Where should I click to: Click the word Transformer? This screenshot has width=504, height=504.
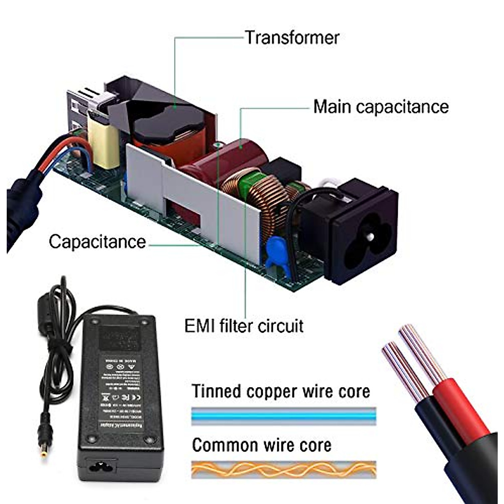(292, 38)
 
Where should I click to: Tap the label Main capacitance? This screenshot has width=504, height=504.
(381, 107)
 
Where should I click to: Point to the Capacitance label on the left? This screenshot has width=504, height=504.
(97, 242)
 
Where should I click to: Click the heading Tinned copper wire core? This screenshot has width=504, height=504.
(281, 391)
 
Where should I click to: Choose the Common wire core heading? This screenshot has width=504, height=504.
(262, 445)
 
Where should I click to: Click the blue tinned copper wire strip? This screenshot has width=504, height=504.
(283, 416)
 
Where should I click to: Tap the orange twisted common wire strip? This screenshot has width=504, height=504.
(283, 469)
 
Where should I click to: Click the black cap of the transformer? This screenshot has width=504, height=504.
(168, 122)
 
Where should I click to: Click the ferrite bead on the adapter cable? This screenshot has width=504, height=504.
(45, 313)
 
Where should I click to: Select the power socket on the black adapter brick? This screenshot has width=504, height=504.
(101, 465)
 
